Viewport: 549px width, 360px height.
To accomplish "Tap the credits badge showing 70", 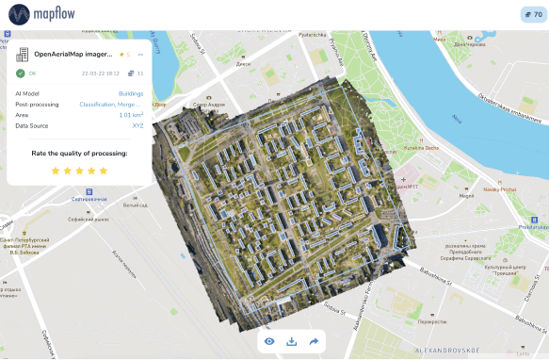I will pyautogui.click(x=529, y=15).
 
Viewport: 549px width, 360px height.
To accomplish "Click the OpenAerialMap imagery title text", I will pyautogui.click(x=73, y=55).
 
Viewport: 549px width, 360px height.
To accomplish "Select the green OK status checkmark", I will pyautogui.click(x=21, y=73).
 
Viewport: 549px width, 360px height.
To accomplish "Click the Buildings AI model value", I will pyautogui.click(x=131, y=93).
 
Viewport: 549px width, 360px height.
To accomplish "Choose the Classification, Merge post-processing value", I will pyautogui.click(x=111, y=104).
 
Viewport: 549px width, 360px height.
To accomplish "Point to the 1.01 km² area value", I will pyautogui.click(x=131, y=115).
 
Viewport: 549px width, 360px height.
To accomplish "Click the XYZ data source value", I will pyautogui.click(x=137, y=125).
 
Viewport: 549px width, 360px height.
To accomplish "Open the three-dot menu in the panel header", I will pyautogui.click(x=140, y=55).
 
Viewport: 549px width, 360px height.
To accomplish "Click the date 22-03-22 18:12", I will pyautogui.click(x=101, y=73).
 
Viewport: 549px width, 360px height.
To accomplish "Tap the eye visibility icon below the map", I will pyautogui.click(x=269, y=341).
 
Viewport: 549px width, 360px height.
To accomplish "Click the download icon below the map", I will pyautogui.click(x=291, y=341).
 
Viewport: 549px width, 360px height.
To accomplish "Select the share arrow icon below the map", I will pyautogui.click(x=314, y=341).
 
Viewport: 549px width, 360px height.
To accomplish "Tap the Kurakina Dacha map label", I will pyautogui.click(x=420, y=148).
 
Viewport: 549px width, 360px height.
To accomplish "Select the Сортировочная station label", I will pyautogui.click(x=89, y=199).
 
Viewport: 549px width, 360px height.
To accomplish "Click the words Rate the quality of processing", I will pyautogui.click(x=79, y=153).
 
